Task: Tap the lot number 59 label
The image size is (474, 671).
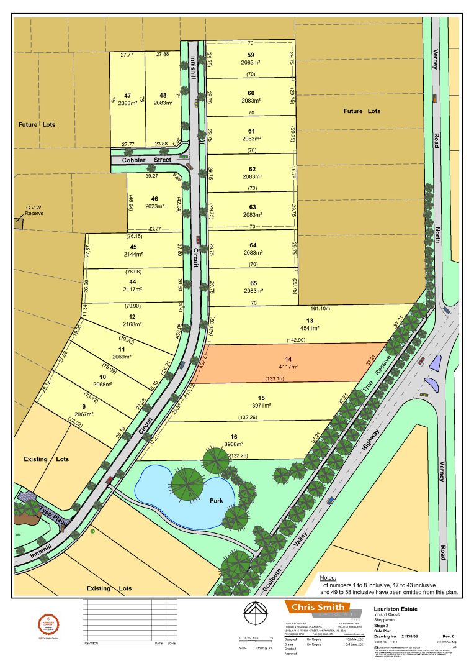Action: pos(251,55)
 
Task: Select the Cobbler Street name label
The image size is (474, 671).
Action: pos(146,160)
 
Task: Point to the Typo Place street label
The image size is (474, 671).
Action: pos(53,518)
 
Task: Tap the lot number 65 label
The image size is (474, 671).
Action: pos(251,283)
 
